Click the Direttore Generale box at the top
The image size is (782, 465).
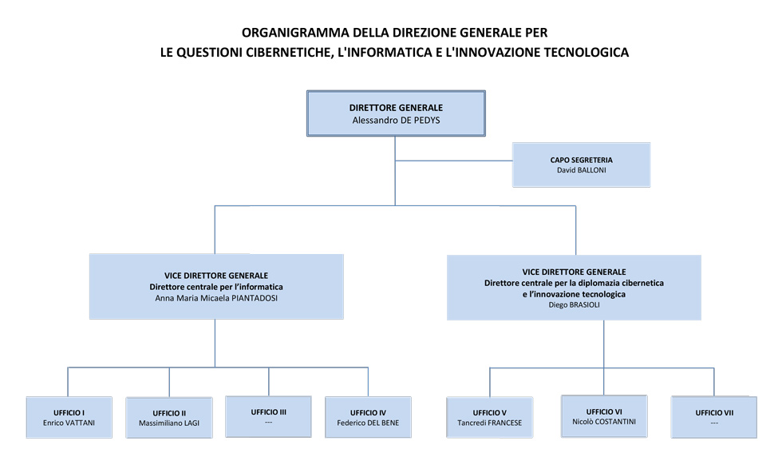click(396, 113)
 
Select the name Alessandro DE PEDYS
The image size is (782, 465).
click(396, 121)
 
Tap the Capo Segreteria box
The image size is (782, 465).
click(581, 165)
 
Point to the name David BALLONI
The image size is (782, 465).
click(581, 170)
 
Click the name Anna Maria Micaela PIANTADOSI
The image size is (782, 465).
click(216, 298)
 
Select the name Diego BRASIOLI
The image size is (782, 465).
click(574, 304)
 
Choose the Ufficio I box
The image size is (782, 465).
click(69, 416)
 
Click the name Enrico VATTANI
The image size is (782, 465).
click(69, 423)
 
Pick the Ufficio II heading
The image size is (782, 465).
click(169, 413)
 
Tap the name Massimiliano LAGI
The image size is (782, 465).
click(169, 423)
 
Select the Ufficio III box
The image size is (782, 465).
click(268, 416)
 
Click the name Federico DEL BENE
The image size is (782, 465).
click(368, 423)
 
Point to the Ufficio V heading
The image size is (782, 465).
click(490, 413)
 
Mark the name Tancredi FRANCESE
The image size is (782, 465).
click(490, 423)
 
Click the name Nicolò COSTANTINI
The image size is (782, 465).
click(604, 421)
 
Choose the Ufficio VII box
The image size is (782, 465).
click(713, 417)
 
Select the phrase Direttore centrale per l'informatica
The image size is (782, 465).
click(216, 287)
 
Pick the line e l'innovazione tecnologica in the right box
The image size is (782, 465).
click(574, 294)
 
